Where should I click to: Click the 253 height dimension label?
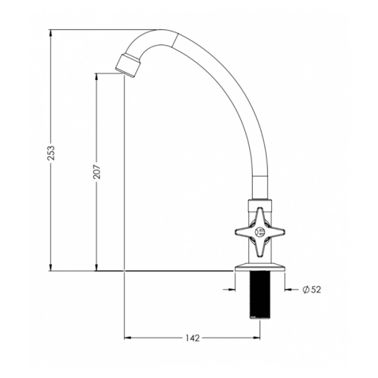pos(51,153)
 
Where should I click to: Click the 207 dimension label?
pos(97,172)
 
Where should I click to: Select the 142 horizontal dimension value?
pos(192,338)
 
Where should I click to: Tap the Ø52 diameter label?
pos(312,289)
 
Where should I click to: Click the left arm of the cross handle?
pos(245,232)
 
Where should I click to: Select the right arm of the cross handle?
pos(274,232)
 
